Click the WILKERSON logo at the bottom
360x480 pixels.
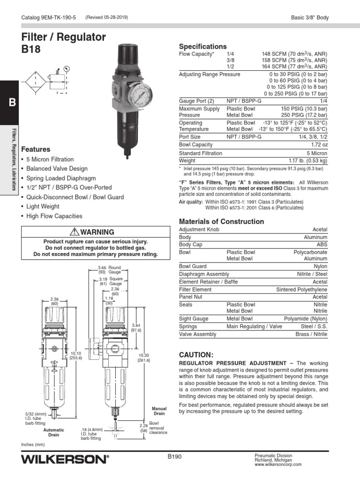pos(65,459)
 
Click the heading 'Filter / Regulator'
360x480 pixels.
pos(64,37)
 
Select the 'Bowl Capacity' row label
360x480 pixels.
pos(195,145)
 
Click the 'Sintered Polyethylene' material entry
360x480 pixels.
pos(301,290)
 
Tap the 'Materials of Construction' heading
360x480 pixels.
pos(222,221)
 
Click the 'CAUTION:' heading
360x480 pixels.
pos(196,354)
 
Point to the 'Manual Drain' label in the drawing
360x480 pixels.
pos(160,411)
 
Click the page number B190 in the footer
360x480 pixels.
pos(174,456)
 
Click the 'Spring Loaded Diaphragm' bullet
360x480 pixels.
pos(61,179)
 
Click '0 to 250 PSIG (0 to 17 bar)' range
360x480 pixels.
pos(298,94)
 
